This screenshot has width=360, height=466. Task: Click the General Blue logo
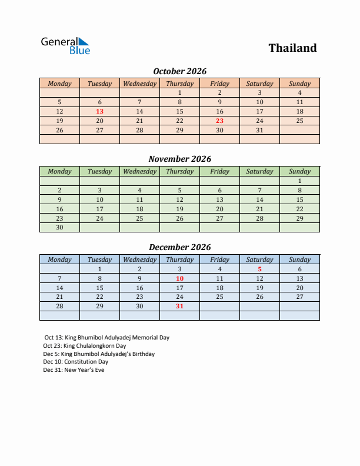[x=65, y=46]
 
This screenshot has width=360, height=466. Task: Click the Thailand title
[x=292, y=48]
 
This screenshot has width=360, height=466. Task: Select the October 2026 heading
[x=179, y=71]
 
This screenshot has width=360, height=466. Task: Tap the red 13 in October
[x=100, y=111]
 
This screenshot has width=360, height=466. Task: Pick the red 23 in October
[x=219, y=121]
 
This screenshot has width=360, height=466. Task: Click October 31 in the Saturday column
[x=259, y=130]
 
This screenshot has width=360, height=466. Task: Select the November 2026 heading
[x=179, y=159]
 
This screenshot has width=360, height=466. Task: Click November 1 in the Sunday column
[x=299, y=181]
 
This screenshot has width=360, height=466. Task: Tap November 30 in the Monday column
[x=59, y=227]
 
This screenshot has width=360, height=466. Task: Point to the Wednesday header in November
[x=139, y=171]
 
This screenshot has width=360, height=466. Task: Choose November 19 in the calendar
[x=179, y=209]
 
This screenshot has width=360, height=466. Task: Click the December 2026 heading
[x=179, y=247]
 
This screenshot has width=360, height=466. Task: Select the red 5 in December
[x=259, y=269]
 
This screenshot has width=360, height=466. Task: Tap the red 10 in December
[x=179, y=278]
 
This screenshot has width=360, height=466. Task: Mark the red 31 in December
[x=179, y=306]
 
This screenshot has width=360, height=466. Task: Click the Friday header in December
[x=219, y=259]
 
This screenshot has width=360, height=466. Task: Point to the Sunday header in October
[x=299, y=84]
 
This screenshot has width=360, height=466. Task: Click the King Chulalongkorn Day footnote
[x=85, y=346]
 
